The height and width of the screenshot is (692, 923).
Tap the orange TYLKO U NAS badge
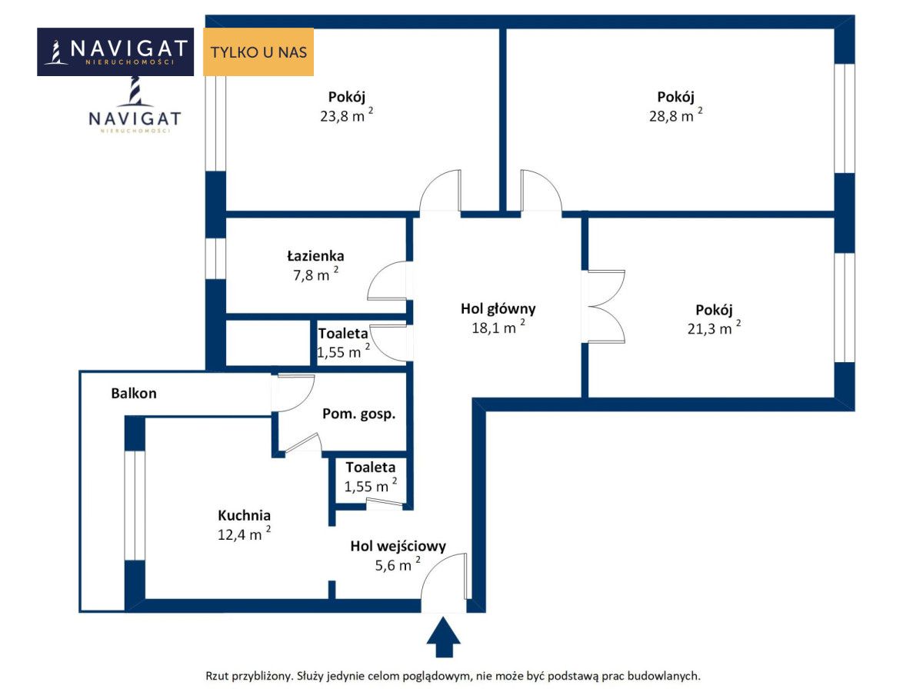(x=258, y=52)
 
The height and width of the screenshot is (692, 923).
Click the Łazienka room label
(x=315, y=256)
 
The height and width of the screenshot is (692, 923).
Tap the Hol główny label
(x=498, y=309)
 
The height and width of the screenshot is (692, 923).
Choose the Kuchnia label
(x=244, y=515)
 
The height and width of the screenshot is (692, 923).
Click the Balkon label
(x=134, y=393)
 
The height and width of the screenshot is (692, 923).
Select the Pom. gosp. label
(x=358, y=414)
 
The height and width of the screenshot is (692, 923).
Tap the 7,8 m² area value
(x=317, y=274)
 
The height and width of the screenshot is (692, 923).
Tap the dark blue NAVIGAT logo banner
(x=115, y=52)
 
